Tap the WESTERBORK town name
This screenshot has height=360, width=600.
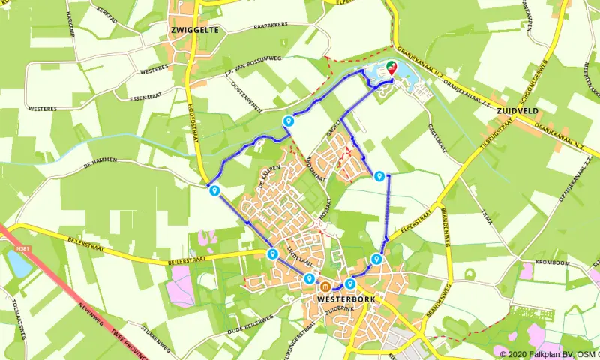[x=346, y=298]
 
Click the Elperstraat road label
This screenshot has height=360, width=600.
[x=412, y=222]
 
